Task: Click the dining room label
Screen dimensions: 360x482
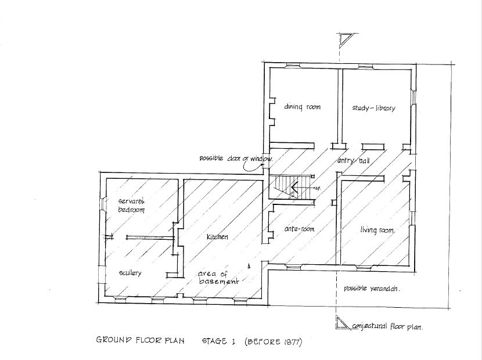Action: point(302,107)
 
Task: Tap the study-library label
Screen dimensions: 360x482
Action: point(373,108)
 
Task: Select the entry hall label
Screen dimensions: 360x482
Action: point(354,160)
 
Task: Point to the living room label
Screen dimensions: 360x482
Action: point(377,231)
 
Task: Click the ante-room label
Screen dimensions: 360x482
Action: point(299,229)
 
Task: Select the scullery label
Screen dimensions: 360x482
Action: point(130,272)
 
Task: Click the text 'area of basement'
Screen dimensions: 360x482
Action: point(218,278)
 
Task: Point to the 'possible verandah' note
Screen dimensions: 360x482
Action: point(373,288)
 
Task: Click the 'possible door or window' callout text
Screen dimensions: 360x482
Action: point(236,158)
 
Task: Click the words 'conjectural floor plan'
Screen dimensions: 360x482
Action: point(387,327)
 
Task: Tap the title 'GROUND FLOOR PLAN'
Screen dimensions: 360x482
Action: point(140,341)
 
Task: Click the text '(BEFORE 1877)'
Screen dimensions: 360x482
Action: point(273,341)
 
